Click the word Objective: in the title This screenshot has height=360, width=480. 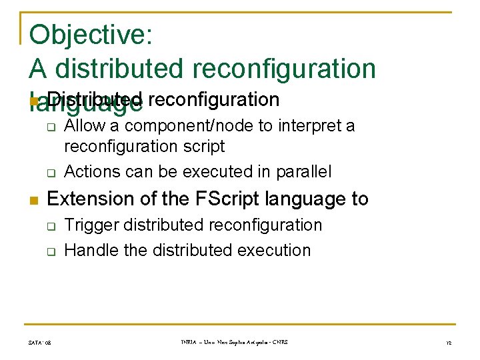(x=91, y=35)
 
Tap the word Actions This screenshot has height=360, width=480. (x=92, y=171)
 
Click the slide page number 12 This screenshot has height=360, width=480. (x=449, y=343)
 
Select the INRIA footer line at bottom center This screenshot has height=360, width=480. (x=234, y=342)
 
